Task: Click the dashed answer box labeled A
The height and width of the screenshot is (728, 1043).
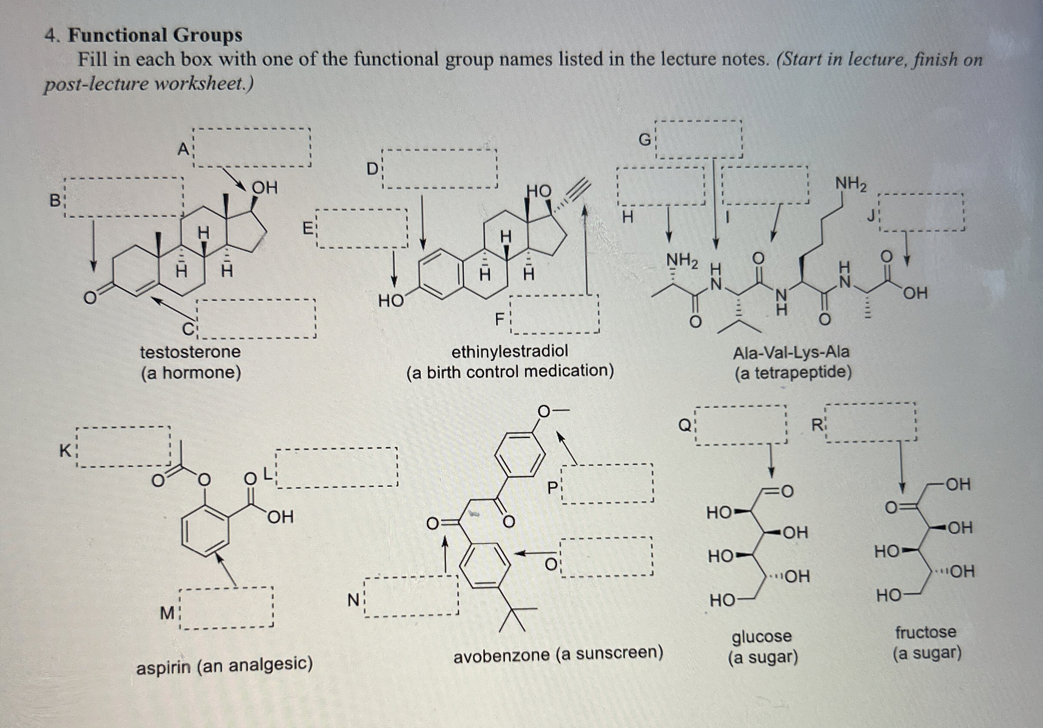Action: click(x=252, y=148)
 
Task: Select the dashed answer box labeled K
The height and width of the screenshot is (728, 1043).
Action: click(x=123, y=447)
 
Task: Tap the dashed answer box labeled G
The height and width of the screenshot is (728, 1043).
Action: click(x=699, y=139)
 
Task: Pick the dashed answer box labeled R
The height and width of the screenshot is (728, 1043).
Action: click(x=870, y=423)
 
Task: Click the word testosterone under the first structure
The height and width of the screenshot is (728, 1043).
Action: click(x=190, y=352)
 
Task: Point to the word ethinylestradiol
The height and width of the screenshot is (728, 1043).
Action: click(x=509, y=351)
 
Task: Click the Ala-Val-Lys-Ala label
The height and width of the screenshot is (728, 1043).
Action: click(x=791, y=352)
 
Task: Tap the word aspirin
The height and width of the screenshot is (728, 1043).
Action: click(x=163, y=667)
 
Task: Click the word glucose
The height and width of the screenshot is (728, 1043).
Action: click(x=761, y=636)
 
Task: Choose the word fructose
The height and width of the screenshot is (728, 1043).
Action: click(x=925, y=632)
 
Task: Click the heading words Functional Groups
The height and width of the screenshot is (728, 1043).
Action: click(x=155, y=35)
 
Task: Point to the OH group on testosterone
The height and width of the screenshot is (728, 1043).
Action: click(x=264, y=187)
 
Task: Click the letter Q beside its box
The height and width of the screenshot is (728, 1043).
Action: click(x=684, y=426)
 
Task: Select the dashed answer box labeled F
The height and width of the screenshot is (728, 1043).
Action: click(x=554, y=314)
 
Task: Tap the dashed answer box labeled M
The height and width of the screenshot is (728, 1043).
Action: click(x=226, y=609)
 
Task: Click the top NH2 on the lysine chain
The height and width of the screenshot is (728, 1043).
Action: click(x=851, y=184)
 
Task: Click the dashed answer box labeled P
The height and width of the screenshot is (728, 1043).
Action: click(x=607, y=483)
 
